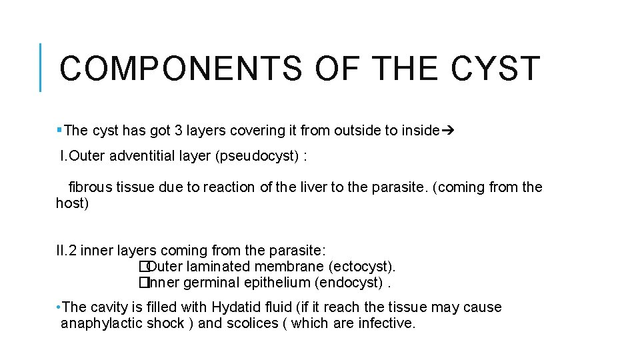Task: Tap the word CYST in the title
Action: pyautogui.click(x=495, y=69)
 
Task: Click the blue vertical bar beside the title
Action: pyautogui.click(x=41, y=67)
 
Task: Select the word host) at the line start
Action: pyautogui.click(x=72, y=203)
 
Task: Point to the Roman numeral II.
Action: pyautogui.click(x=62, y=251)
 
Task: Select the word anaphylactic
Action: pyautogui.click(x=99, y=323)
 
